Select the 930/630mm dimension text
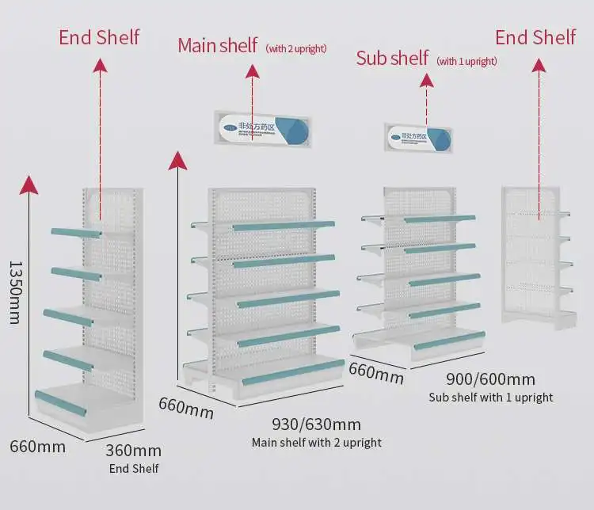316,424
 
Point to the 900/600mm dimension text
490,379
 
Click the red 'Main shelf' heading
217,45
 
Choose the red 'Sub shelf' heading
392,58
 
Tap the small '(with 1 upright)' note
467,61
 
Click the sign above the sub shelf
418,138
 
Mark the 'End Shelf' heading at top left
99,37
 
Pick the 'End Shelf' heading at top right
535,37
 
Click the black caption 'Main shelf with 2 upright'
316,443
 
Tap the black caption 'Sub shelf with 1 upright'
490,398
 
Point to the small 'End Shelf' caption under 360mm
133,469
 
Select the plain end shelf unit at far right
535,255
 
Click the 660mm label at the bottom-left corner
37,446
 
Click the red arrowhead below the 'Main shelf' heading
253,72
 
